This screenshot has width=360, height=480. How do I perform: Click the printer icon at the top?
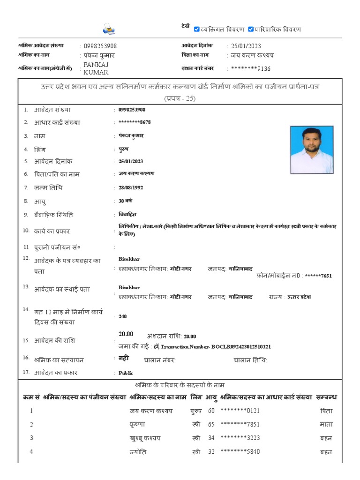tap(109, 30)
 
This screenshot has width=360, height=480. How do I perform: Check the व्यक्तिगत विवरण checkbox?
tap(197, 29)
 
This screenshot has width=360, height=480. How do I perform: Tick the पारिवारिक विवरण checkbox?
tap(251, 29)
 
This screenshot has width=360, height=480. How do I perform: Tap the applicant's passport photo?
tap(312, 150)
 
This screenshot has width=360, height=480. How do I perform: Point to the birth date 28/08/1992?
tap(131, 187)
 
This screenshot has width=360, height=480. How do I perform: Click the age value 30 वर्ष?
tap(125, 201)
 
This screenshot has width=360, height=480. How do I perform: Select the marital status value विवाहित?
tap(127, 214)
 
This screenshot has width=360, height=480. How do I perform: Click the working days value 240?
tap(123, 316)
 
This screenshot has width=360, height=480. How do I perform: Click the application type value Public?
tap(126, 373)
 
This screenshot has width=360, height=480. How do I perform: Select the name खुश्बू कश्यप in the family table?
tap(145, 438)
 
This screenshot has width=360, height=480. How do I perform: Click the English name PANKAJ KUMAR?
tap(96, 68)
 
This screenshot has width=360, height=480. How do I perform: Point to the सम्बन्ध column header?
tap(327, 397)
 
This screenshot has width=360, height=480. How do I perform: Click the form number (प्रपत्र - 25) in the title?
tap(180, 98)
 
